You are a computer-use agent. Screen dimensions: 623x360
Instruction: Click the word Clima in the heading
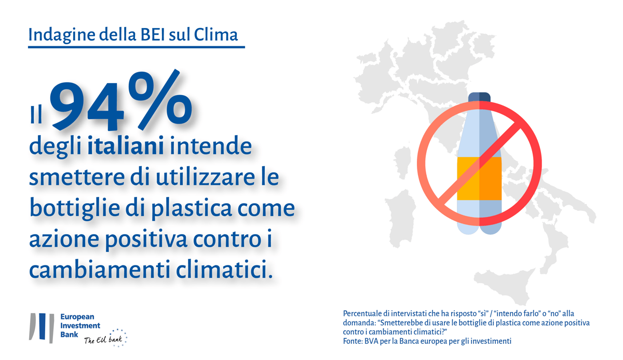[x=215, y=35]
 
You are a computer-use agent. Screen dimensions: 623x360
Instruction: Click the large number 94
[x=87, y=106]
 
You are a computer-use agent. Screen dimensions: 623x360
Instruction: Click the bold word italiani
[x=126, y=145]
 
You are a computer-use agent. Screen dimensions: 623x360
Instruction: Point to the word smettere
[x=77, y=177]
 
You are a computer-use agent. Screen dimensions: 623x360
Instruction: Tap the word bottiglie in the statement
[x=75, y=208]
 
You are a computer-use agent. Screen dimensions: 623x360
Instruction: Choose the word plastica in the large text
[x=192, y=208]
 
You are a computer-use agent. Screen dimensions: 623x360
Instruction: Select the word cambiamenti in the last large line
[x=99, y=269]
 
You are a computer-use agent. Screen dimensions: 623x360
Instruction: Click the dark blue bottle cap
[x=479, y=97]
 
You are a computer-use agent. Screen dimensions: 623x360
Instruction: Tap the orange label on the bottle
[x=479, y=178]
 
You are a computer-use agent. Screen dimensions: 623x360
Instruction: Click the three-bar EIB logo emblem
[x=42, y=328]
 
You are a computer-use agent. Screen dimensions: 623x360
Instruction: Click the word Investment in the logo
[x=80, y=326]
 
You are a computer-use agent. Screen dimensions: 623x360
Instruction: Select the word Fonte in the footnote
[x=352, y=341]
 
